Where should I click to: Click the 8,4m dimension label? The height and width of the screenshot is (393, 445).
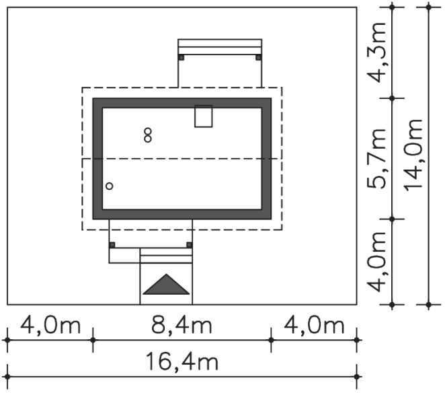(x=181, y=325)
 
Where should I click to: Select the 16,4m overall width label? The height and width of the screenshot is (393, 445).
(x=182, y=361)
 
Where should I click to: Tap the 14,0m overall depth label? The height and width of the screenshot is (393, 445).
(x=413, y=155)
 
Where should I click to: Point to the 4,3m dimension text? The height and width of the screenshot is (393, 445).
(x=376, y=52)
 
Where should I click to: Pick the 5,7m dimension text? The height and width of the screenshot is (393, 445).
(x=376, y=159)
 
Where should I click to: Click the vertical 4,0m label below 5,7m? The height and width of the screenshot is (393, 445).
(x=376, y=262)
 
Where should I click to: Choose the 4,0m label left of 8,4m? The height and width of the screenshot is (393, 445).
(x=50, y=325)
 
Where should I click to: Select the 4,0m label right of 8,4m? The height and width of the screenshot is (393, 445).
(x=314, y=325)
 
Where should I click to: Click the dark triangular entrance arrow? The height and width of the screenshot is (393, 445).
(x=166, y=285)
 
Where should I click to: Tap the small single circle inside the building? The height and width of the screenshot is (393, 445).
(x=110, y=186)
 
